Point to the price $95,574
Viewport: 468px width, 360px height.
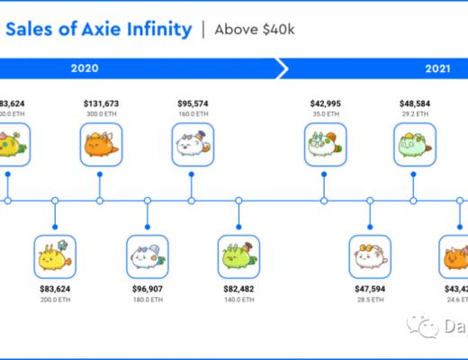tap(193, 104)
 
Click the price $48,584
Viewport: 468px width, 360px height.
tap(413, 104)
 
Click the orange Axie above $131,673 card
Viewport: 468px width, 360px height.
tap(102, 147)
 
